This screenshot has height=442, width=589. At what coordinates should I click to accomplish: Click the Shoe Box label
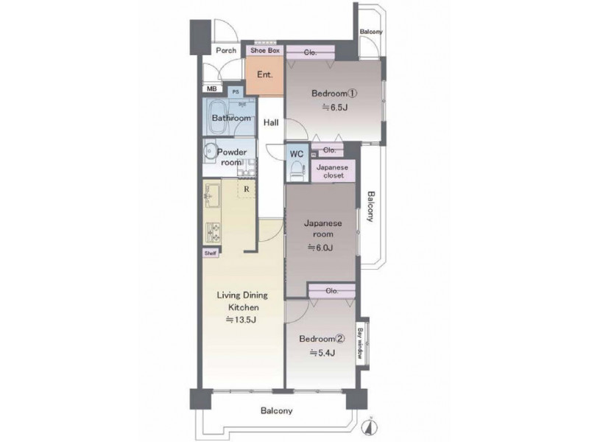point(265,50)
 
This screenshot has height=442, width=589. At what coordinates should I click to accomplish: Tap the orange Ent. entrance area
point(264,75)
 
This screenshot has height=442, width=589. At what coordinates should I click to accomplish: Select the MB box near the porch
point(212,89)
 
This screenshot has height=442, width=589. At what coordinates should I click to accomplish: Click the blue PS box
point(236,91)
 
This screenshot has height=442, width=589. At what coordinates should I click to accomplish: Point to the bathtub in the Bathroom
point(218,117)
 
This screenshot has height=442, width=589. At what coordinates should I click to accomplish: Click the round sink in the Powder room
point(209,152)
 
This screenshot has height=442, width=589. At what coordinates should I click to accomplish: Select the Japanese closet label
point(333,172)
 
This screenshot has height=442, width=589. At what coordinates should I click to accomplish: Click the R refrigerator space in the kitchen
point(247,189)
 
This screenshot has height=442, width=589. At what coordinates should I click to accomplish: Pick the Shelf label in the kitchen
point(211,253)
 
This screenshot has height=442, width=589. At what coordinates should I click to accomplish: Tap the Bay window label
point(360,343)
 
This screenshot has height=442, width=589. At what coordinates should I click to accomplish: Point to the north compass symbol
point(369,427)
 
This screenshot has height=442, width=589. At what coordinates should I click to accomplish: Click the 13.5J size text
point(241,320)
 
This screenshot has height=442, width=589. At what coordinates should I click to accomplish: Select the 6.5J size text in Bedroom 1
point(334,108)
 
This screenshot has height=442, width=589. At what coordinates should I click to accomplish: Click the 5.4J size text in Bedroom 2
point(322,353)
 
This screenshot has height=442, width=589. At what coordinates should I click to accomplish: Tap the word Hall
point(271,122)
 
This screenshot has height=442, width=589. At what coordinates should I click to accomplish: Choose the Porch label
point(226,50)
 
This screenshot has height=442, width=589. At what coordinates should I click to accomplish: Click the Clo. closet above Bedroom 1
point(310,52)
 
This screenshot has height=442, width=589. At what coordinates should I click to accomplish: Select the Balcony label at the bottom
point(277,411)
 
